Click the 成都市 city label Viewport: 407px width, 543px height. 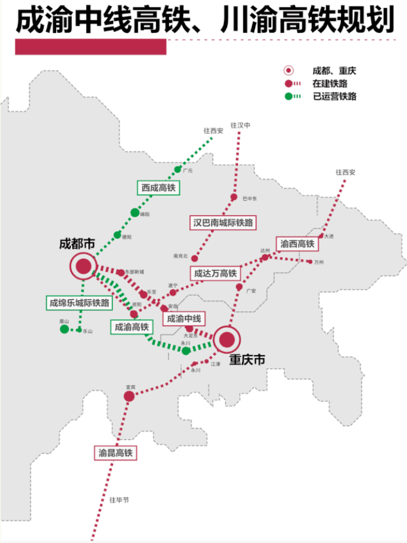pyautogui.click(x=77, y=243)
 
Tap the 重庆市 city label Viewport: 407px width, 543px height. pyautogui.click(x=247, y=361)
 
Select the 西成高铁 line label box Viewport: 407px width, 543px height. pyautogui.click(x=159, y=189)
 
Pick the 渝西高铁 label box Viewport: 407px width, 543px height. pyautogui.click(x=297, y=244)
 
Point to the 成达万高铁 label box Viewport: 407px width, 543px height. pyautogui.click(x=215, y=274)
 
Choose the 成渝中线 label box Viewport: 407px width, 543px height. pyautogui.click(x=184, y=318)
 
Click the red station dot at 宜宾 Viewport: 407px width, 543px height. pyautogui.click(x=129, y=397)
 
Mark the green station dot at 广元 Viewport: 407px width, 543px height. pyautogui.click(x=178, y=170)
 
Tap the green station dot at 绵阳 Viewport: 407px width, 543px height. pyautogui.click(x=135, y=212)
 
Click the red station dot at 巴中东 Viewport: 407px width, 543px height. pyautogui.click(x=234, y=197)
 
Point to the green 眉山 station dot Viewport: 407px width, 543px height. pyautogui.click(x=64, y=329)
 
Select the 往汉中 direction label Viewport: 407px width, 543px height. pyautogui.click(x=241, y=125)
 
